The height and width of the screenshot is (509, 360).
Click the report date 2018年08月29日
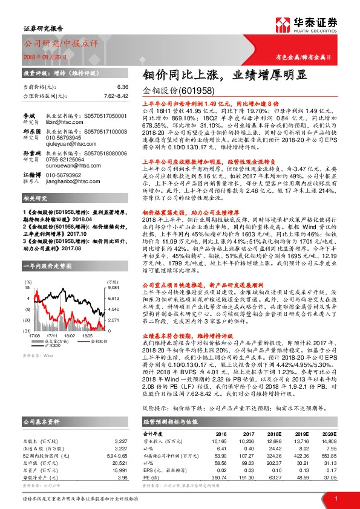(45, 56)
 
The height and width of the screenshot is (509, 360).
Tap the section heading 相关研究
(34, 216)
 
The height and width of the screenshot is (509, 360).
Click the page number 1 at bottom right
(336, 498)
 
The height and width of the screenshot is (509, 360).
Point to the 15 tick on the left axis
(28, 289)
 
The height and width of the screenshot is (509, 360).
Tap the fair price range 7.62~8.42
(115, 95)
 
